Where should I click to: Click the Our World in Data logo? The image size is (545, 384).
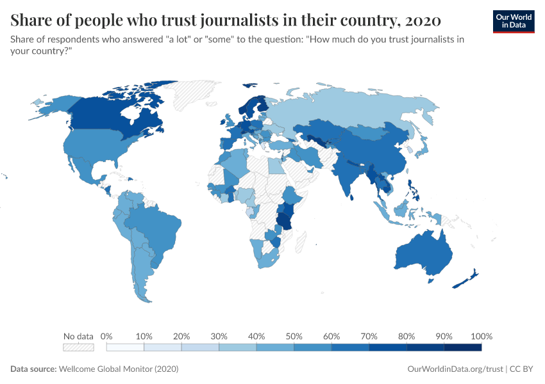click(x=513, y=21)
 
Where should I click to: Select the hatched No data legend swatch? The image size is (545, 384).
click(x=78, y=348)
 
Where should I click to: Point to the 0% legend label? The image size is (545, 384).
click(x=107, y=336)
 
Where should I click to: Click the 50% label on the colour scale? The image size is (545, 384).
click(x=294, y=336)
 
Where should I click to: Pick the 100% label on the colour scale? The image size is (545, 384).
click(x=481, y=336)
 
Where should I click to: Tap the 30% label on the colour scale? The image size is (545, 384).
click(x=219, y=336)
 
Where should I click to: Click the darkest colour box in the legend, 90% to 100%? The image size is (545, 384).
click(x=462, y=348)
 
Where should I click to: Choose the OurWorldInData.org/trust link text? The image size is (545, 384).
click(x=455, y=369)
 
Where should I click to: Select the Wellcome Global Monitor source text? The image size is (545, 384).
click(x=118, y=369)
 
